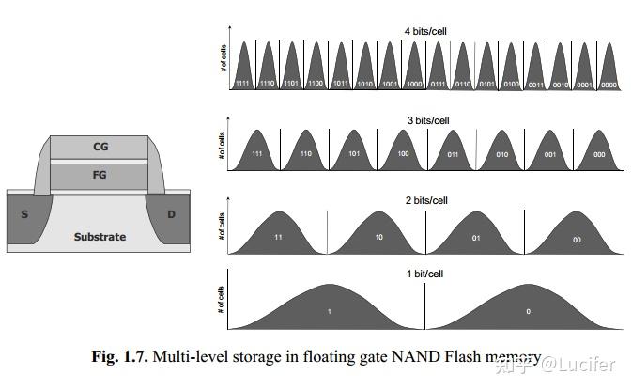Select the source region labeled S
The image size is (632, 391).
(x=24, y=213)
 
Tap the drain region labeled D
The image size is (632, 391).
(x=172, y=213)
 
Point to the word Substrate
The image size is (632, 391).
(x=100, y=237)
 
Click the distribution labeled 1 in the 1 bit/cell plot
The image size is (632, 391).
(x=328, y=310)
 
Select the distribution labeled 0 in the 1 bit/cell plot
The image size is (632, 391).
(x=527, y=310)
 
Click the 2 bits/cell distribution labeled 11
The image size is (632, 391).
(x=278, y=237)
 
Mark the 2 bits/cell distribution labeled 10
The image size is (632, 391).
(x=378, y=237)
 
